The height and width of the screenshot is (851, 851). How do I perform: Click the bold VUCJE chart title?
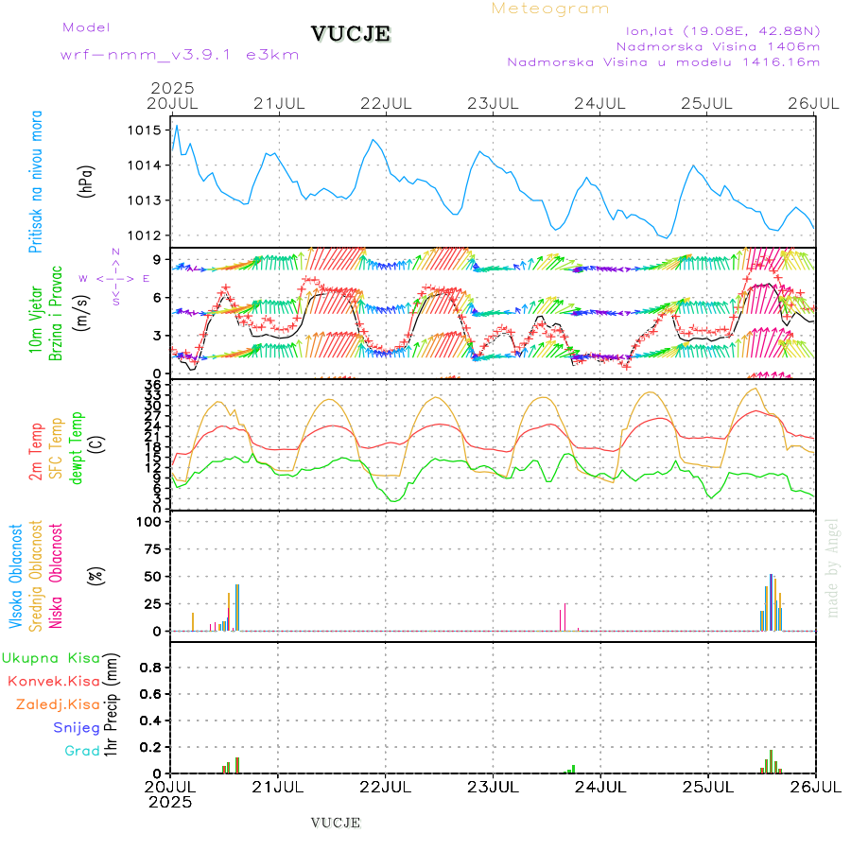[351, 34]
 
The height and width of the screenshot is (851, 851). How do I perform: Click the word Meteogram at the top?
[551, 9]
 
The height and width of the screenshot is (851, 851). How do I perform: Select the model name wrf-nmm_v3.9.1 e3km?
[180, 54]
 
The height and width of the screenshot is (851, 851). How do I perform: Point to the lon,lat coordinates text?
[716, 30]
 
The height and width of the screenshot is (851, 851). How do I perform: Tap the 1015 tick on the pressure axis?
[147, 130]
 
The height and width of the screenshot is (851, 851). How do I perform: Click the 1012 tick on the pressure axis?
[147, 235]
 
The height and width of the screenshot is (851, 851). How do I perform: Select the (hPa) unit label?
[88, 181]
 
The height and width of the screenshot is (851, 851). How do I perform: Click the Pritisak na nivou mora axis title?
[36, 182]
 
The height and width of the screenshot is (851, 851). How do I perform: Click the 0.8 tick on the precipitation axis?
[150, 667]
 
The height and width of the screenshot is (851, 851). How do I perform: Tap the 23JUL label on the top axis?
[494, 102]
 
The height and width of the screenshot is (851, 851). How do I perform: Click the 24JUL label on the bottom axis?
[600, 787]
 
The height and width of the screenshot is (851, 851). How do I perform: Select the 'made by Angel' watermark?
[833, 567]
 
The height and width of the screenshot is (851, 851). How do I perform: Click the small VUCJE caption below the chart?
[336, 823]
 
